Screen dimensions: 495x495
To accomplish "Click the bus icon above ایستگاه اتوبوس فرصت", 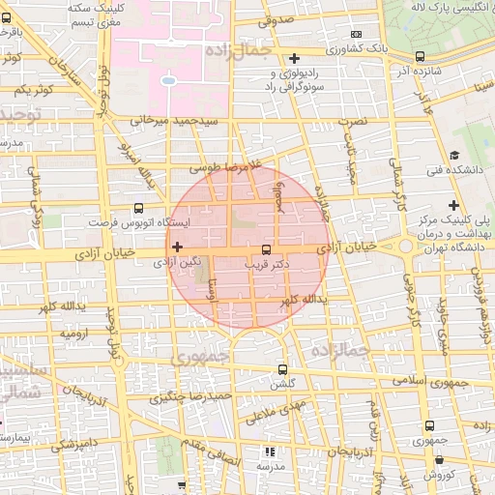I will (139, 207).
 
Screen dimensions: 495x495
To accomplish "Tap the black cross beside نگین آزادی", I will (176, 247).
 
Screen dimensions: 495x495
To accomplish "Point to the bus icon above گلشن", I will (282, 368).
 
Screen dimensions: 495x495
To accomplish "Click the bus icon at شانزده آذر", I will (419, 57).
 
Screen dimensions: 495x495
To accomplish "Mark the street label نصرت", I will (360, 123).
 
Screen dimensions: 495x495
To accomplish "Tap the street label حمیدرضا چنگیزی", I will (192, 396).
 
